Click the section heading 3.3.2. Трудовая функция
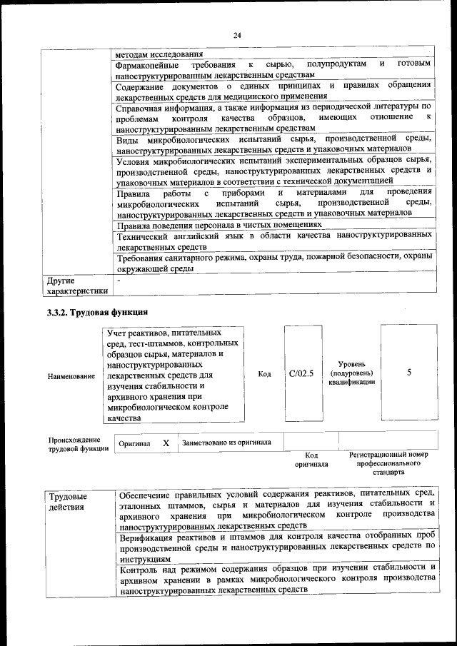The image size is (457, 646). point(96,312)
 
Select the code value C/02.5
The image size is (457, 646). point(301,373)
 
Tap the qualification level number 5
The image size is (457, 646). point(408,372)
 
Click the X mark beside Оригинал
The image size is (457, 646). point(166,443)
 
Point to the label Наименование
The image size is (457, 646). point(71,375)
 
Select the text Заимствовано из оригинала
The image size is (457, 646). point(226,443)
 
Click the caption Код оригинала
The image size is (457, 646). point(311,459)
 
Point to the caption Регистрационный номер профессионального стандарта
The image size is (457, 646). point(388,463)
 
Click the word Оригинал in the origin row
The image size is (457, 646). point(134,444)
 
